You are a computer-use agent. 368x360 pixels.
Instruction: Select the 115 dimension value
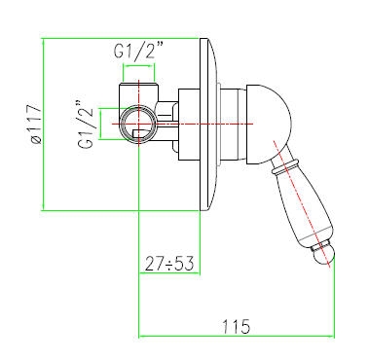[x=237, y=326]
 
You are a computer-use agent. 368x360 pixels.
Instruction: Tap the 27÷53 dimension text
[x=169, y=264]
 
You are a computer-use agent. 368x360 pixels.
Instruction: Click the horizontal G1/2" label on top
[x=138, y=50]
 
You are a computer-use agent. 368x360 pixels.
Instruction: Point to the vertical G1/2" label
[x=86, y=125]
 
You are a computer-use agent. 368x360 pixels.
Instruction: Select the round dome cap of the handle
[x=269, y=124]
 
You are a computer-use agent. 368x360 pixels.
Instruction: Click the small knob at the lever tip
[x=323, y=255]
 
